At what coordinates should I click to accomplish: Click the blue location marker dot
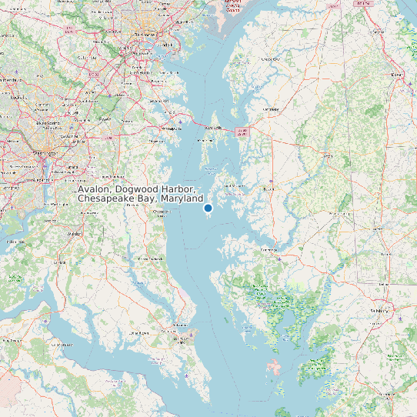[x=208, y=208]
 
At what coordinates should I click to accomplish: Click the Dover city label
[x=398, y=74]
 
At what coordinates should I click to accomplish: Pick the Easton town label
[x=269, y=188]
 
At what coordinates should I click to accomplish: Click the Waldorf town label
[x=75, y=232]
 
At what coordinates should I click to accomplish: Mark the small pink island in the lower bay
[x=275, y=366]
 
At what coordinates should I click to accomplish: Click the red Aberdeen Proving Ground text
[x=235, y=6]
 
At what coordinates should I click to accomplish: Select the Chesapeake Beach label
[x=161, y=212]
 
